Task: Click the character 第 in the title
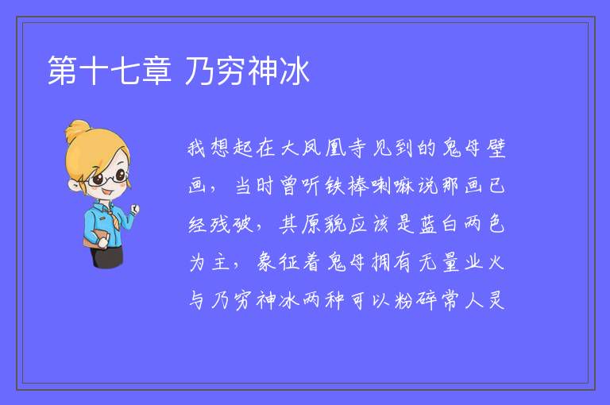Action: [62, 71]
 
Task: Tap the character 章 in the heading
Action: [156, 71]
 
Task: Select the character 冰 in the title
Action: [295, 71]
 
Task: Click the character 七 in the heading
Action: [125, 71]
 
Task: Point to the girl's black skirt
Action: [107, 256]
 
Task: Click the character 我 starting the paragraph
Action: [196, 148]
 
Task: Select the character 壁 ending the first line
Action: [496, 148]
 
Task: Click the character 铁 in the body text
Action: [334, 186]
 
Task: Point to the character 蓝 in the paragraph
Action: [428, 225]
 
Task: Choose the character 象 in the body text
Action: [266, 262]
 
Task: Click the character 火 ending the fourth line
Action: [496, 262]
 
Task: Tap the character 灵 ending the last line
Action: [496, 300]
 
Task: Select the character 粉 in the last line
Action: [403, 300]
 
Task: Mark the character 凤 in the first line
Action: [311, 148]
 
